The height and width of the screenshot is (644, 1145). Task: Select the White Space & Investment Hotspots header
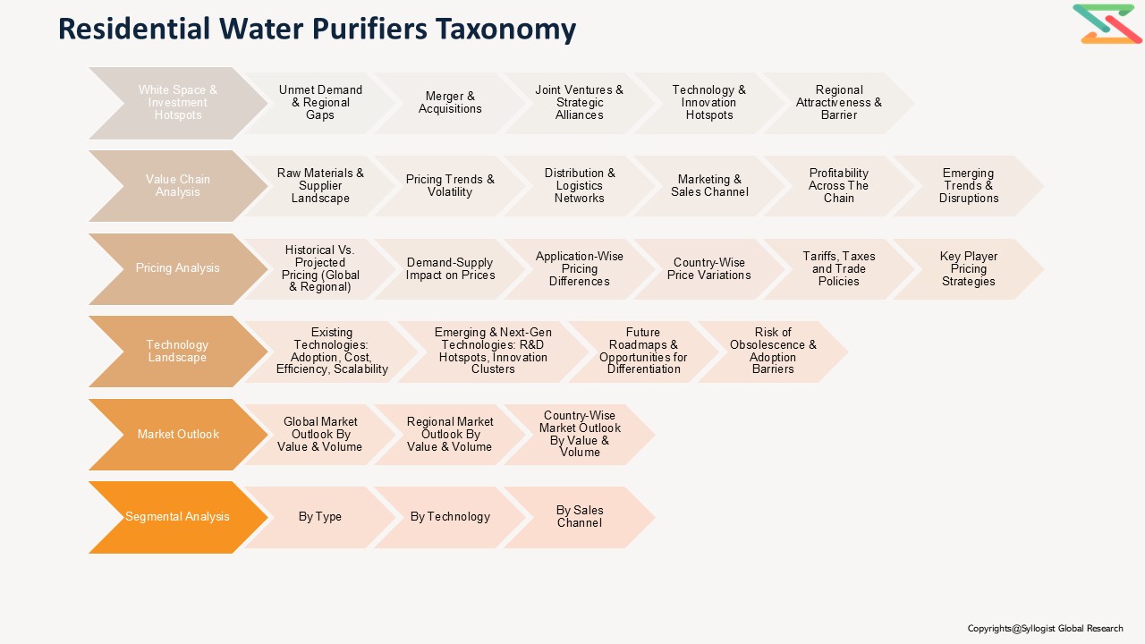pyautogui.click(x=177, y=103)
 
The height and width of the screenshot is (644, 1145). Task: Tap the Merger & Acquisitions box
pyautogui.click(x=450, y=103)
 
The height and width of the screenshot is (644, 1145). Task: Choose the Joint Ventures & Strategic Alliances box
pyautogui.click(x=579, y=103)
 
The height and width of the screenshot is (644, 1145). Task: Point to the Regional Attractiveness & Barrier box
pyautogui.click(x=838, y=103)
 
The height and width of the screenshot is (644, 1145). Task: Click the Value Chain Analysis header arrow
pyautogui.click(x=177, y=186)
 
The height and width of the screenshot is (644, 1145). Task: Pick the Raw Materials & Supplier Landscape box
pyautogui.click(x=320, y=186)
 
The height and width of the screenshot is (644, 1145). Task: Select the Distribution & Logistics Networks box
pyautogui.click(x=579, y=186)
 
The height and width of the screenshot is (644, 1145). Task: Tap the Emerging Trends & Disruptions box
pyautogui.click(x=968, y=186)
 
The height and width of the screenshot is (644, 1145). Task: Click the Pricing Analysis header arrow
pyautogui.click(x=177, y=268)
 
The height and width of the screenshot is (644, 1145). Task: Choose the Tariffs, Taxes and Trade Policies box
pyautogui.click(x=838, y=268)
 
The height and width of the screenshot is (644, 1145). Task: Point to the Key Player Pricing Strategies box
pyautogui.click(x=968, y=268)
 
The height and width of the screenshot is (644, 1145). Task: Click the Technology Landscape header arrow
pyautogui.click(x=177, y=352)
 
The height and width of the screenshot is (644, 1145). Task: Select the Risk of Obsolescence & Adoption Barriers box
pyautogui.click(x=773, y=352)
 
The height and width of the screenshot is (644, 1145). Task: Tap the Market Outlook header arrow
pyautogui.click(x=177, y=435)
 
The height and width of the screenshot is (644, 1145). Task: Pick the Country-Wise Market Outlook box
pyautogui.click(x=579, y=434)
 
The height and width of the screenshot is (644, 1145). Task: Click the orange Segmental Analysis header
pyautogui.click(x=177, y=517)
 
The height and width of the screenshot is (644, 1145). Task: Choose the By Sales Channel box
pyautogui.click(x=579, y=517)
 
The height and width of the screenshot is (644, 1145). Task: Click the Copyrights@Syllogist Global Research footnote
pyautogui.click(x=1045, y=629)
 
